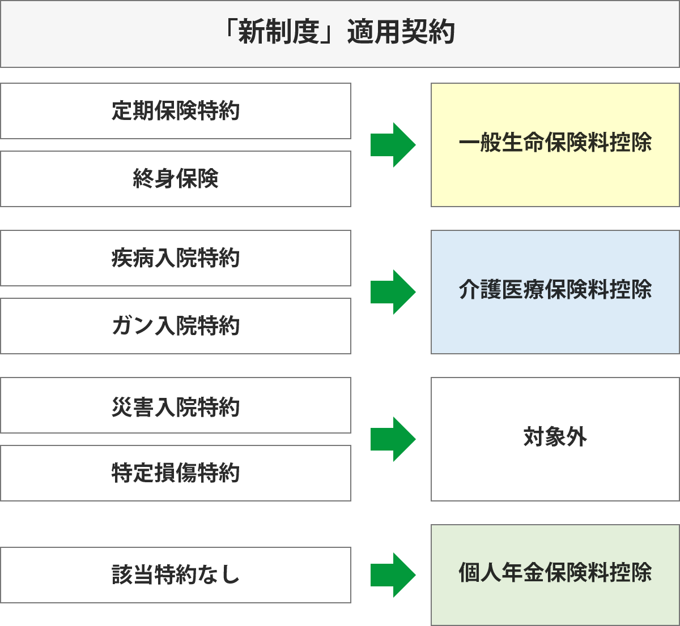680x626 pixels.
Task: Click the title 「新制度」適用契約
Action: [x=340, y=33]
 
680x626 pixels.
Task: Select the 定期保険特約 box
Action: [x=176, y=111]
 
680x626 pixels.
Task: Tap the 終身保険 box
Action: [x=176, y=179]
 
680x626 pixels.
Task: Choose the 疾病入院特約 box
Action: [x=176, y=258]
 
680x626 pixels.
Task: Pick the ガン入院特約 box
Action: [x=176, y=326]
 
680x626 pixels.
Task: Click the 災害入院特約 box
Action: [x=176, y=407]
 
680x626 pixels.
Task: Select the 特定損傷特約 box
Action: [x=176, y=473]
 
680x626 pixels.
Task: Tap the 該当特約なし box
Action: [x=176, y=575]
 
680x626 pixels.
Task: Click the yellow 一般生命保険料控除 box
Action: [x=555, y=144]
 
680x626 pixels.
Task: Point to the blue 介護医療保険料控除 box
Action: [x=555, y=291]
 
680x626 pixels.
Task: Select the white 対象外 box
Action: [x=555, y=439]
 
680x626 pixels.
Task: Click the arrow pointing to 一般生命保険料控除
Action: [x=393, y=144]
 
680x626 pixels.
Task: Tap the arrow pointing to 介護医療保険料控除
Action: [x=393, y=292]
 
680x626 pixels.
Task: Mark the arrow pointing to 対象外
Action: [x=393, y=439]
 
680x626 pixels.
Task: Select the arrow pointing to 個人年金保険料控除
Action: [x=393, y=574]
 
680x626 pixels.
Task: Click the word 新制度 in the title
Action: [x=279, y=33]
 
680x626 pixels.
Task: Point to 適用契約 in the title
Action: [x=401, y=33]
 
